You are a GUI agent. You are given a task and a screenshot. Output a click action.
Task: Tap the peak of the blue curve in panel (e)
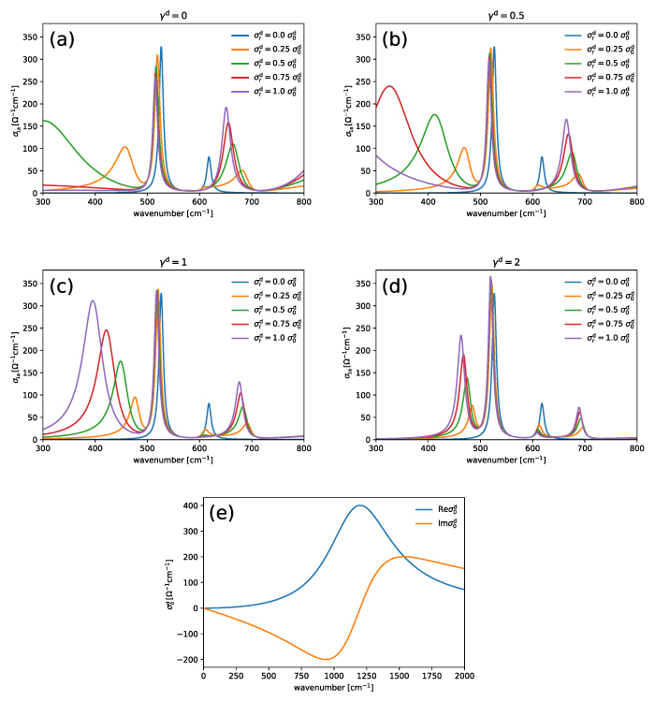coord(360,505)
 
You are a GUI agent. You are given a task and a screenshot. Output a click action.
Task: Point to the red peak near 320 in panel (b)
coord(389,87)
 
